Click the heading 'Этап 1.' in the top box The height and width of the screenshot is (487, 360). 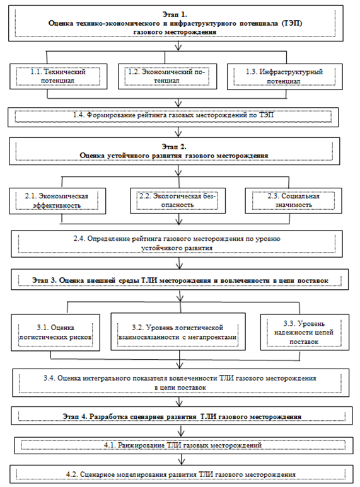(x=175, y=14)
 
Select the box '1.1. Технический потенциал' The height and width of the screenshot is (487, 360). (x=58, y=76)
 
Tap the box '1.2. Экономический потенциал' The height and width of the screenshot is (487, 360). (x=167, y=76)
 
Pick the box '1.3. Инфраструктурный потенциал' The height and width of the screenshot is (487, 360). (x=285, y=77)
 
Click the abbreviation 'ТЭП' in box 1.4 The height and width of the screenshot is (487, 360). (x=266, y=115)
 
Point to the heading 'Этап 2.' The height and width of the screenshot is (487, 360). (x=174, y=147)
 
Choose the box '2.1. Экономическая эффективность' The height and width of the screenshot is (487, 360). (x=57, y=201)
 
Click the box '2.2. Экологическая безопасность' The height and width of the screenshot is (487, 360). (x=178, y=200)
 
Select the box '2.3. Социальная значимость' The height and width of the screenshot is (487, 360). (x=293, y=200)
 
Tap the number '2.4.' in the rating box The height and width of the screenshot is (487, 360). (x=79, y=239)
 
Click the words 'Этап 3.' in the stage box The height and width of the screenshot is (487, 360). (x=44, y=280)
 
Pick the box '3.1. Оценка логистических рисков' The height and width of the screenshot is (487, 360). (x=55, y=332)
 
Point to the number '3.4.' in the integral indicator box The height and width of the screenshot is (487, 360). (x=49, y=378)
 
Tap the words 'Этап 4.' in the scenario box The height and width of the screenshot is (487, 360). (x=75, y=416)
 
